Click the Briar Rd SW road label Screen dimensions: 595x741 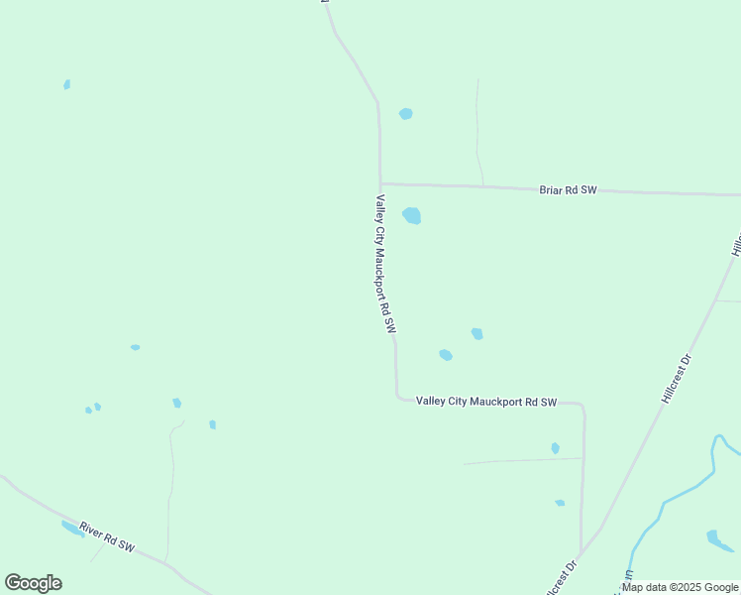click(x=568, y=189)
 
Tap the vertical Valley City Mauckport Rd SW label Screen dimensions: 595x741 click(x=384, y=263)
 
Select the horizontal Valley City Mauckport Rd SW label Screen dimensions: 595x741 click(x=486, y=402)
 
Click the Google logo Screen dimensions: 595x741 click(x=33, y=583)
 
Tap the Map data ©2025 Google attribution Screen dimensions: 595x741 click(x=681, y=587)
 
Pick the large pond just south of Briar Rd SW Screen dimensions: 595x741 click(x=412, y=215)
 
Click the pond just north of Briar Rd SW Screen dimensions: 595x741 click(x=405, y=114)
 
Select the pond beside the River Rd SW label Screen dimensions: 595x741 click(x=72, y=529)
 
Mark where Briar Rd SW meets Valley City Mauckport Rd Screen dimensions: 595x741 click(x=380, y=183)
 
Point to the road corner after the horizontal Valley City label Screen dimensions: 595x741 click(x=582, y=406)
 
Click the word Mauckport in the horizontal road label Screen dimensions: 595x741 click(x=499, y=402)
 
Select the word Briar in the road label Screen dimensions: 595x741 click(x=550, y=189)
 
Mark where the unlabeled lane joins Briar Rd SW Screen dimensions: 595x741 click(x=482, y=185)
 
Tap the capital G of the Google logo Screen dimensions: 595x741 click(x=13, y=583)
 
